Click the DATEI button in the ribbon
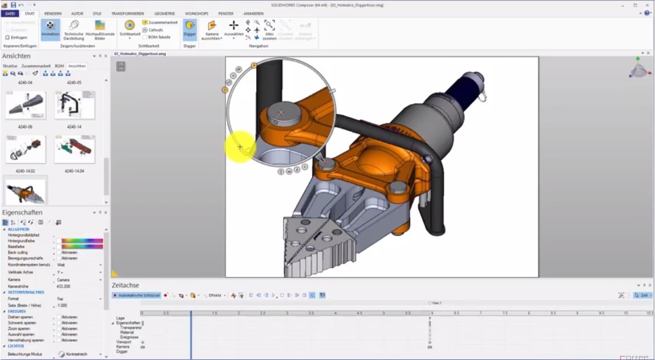coord(9,13)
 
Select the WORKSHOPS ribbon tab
coord(196,13)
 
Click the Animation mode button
coord(50,29)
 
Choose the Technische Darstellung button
coord(74,29)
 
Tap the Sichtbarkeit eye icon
coord(130,26)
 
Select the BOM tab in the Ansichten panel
coord(59,66)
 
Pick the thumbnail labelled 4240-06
coord(25,106)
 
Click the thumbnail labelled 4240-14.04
coord(74,149)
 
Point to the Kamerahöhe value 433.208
coord(64,286)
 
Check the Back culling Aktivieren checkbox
coord(59,252)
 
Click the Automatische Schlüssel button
coord(136,296)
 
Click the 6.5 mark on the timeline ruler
coord(456,313)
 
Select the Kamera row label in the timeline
coord(123,346)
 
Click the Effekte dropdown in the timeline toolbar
coord(216,296)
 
